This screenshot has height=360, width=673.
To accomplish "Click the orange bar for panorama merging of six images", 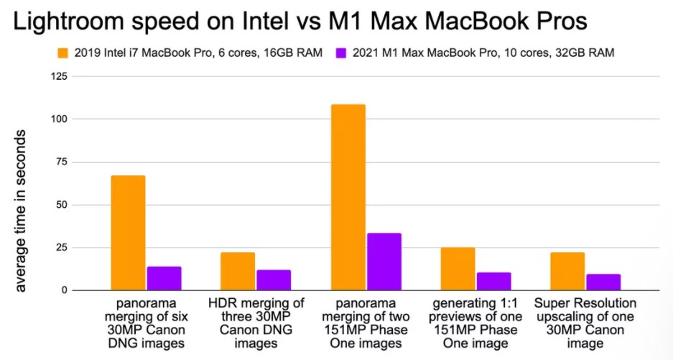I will coord(128,233).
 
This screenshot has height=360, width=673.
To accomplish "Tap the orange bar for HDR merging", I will coord(238,272).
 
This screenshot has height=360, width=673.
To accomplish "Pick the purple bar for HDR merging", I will coord(274,280).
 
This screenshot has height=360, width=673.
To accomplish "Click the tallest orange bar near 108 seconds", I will coord(348,198).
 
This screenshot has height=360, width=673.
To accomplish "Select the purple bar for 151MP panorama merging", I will coord(384,262).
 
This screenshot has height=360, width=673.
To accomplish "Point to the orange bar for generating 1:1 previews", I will coord(458,269).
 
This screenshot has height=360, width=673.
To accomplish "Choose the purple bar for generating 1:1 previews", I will coord(493,282).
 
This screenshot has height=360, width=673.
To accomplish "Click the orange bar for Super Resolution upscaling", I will coord(567,272).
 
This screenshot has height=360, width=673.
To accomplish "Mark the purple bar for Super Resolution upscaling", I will coord(603,282).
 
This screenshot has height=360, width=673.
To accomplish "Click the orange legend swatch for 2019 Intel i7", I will coord(64,52).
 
